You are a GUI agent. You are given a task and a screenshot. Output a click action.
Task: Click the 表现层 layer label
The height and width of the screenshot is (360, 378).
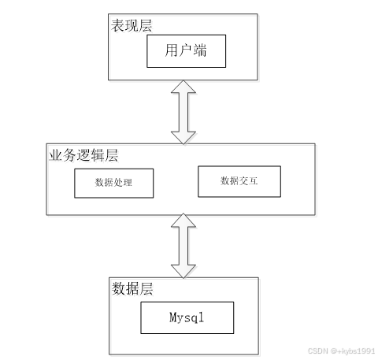coord(131,26)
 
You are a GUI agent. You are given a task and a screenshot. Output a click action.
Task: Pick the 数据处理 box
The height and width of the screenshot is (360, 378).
coord(113,183)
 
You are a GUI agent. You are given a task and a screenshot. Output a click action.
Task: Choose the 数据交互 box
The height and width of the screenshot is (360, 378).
coord(239,181)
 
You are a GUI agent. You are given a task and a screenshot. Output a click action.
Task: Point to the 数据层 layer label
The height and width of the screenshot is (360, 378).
coord(132,289)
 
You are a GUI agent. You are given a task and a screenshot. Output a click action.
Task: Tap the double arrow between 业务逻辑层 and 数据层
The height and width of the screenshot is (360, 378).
coord(183,246)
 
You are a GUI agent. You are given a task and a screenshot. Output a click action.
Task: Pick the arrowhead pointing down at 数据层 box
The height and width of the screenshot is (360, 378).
coord(183,268)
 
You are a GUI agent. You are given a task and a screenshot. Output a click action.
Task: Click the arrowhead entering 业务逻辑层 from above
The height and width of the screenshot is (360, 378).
coord(183,135)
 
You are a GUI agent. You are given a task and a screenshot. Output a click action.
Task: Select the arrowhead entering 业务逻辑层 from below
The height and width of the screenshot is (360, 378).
coord(183,224)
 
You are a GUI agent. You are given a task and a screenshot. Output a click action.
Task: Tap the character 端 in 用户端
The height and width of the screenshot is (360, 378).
coord(202,53)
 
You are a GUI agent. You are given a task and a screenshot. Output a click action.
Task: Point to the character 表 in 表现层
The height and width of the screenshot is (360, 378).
coord(117,26)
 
